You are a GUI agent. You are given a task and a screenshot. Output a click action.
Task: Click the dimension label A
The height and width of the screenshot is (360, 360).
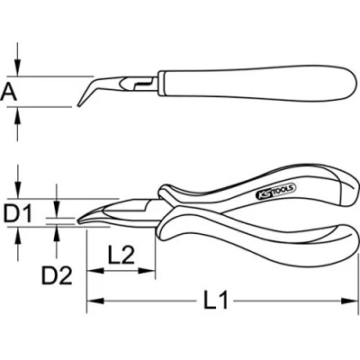(9, 93)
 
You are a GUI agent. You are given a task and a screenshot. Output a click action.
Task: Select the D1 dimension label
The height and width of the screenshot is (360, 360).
(18, 213)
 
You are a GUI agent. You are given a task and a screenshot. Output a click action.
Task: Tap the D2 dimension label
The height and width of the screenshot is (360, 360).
(57, 275)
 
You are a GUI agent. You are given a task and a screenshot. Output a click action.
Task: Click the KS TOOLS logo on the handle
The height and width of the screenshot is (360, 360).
(276, 192)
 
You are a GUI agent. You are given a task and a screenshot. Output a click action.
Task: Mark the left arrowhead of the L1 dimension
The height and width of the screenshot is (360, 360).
(95, 301)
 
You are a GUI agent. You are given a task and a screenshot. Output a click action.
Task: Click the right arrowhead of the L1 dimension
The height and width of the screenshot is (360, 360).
(350, 301)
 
